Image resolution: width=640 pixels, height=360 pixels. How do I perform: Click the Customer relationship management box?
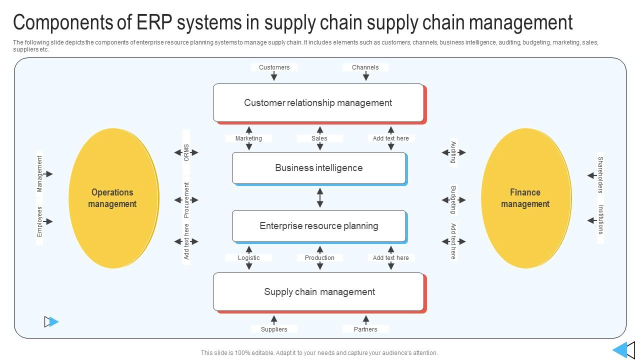[318, 103]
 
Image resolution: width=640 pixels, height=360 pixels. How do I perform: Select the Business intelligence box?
[319, 168]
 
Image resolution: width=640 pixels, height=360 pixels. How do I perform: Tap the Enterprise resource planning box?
[319, 226]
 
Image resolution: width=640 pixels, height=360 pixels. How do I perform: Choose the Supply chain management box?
[319, 292]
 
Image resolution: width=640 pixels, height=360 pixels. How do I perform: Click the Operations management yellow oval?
[113, 198]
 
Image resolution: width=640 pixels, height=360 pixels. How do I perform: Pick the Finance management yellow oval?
[525, 198]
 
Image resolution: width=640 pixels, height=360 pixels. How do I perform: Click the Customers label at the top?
[274, 67]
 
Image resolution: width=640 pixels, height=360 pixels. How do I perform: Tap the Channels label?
[365, 67]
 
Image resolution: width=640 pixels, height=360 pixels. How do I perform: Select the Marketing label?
[248, 138]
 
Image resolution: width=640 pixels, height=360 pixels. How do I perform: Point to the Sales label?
[319, 138]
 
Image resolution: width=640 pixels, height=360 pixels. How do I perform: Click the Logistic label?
[248, 258]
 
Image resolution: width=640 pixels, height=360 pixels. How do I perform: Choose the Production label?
[319, 258]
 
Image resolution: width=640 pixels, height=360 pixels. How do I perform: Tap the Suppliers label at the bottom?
[274, 329]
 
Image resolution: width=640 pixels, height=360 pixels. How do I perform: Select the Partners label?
[365, 329]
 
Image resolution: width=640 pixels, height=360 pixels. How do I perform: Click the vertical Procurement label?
[186, 200]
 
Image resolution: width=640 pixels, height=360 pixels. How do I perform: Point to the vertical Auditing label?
[453, 152]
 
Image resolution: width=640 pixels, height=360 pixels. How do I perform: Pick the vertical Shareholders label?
[600, 175]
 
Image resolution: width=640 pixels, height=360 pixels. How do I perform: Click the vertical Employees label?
[39, 221]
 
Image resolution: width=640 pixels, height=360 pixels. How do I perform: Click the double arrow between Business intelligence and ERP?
[320, 197]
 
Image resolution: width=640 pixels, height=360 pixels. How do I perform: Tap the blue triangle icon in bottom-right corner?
[620, 350]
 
